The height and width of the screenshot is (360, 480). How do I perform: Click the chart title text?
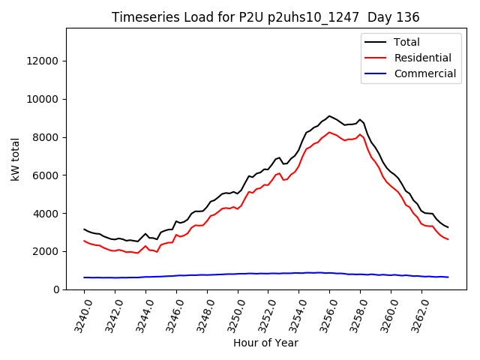(x=265, y=16)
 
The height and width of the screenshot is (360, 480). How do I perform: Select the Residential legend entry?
(x=422, y=58)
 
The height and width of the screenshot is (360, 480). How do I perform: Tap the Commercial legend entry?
(x=424, y=73)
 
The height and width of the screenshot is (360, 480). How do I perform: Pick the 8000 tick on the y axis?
(x=46, y=137)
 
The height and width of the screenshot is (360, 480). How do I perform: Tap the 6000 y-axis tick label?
(x=46, y=175)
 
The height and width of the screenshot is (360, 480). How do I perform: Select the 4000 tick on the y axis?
(x=46, y=213)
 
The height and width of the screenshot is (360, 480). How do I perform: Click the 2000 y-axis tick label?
(x=46, y=251)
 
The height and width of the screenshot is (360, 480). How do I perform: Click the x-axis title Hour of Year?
(x=265, y=343)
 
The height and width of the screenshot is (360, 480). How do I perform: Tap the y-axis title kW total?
(x=15, y=159)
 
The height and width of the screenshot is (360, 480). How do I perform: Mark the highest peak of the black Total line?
(x=329, y=116)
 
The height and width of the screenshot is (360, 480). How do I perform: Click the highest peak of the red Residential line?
(x=329, y=132)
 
